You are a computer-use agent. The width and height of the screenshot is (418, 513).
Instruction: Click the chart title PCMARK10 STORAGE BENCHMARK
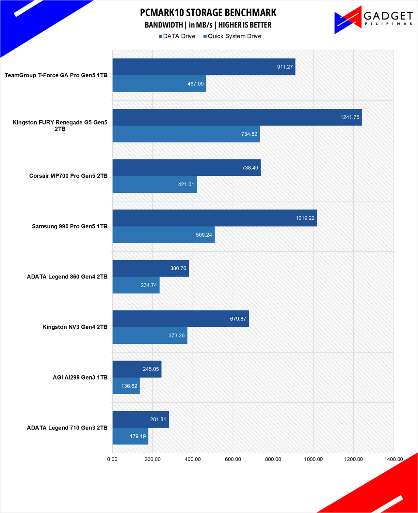(x=208, y=13)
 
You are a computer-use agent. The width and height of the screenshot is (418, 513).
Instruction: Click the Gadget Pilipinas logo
(x=373, y=20)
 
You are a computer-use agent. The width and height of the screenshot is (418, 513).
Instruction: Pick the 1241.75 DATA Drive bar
(x=237, y=117)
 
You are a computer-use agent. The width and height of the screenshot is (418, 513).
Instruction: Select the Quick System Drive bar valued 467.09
(x=159, y=84)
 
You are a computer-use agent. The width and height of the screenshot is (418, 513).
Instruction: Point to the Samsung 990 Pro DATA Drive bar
(x=215, y=218)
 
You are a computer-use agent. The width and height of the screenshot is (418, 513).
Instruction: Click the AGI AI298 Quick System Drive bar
(x=126, y=386)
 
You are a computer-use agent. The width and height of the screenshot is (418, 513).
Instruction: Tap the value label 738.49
(x=250, y=168)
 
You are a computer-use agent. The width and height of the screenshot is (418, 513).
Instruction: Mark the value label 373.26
(x=176, y=336)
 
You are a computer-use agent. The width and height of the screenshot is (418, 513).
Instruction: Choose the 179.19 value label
(x=138, y=436)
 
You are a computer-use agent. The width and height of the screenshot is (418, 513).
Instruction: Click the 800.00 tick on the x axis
(x=273, y=459)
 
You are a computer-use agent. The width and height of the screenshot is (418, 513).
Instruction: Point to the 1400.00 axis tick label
(x=394, y=459)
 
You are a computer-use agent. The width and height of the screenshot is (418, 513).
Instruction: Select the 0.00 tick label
(x=112, y=459)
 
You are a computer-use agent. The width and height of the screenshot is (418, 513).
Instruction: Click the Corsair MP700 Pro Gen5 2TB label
(x=68, y=176)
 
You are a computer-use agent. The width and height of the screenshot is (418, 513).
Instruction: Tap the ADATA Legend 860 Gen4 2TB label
(x=67, y=277)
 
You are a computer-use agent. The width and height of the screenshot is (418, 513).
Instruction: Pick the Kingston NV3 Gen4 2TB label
(x=75, y=327)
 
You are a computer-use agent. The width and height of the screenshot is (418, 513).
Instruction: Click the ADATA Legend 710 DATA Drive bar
(x=141, y=420)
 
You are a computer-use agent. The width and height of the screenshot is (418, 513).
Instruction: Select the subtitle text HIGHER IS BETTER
(x=245, y=25)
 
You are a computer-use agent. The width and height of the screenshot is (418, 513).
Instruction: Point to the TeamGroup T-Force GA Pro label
(x=56, y=75)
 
